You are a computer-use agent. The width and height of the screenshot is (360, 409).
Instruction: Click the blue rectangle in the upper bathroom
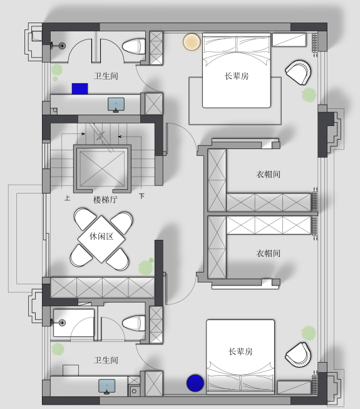(80, 89)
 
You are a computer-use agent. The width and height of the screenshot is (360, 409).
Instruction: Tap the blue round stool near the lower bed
(195, 383)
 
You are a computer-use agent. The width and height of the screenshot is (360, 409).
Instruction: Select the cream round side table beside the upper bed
(192, 42)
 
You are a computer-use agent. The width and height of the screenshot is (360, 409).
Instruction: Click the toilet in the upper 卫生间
(134, 46)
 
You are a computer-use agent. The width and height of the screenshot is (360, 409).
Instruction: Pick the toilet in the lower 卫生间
(134, 323)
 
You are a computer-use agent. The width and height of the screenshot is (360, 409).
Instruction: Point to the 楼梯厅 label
(105, 200)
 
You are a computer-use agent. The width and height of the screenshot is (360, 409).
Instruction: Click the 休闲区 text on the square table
(101, 237)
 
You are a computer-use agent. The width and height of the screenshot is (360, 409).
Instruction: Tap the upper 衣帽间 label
(268, 174)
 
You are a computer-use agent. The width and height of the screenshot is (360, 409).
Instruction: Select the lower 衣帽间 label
(268, 253)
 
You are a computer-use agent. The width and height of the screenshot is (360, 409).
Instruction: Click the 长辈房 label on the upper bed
(237, 76)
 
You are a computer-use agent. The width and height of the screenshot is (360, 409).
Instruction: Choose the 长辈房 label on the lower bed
(240, 351)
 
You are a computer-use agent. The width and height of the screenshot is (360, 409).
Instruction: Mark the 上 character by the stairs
(67, 198)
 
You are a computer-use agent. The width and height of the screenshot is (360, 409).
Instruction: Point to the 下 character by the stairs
(141, 196)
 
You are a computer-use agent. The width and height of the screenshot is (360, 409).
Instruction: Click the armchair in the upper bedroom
(299, 73)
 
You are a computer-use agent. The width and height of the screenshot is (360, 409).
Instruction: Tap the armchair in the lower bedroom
(299, 355)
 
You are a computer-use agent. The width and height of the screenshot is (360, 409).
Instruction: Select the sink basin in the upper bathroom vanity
(116, 105)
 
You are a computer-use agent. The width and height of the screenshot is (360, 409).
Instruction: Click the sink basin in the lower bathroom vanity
(106, 386)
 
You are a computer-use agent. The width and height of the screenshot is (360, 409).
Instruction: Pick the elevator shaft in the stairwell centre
(102, 168)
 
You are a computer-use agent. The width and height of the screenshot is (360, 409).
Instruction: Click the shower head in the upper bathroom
(62, 46)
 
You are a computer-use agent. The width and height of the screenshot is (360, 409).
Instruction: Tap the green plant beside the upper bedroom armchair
(309, 95)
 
